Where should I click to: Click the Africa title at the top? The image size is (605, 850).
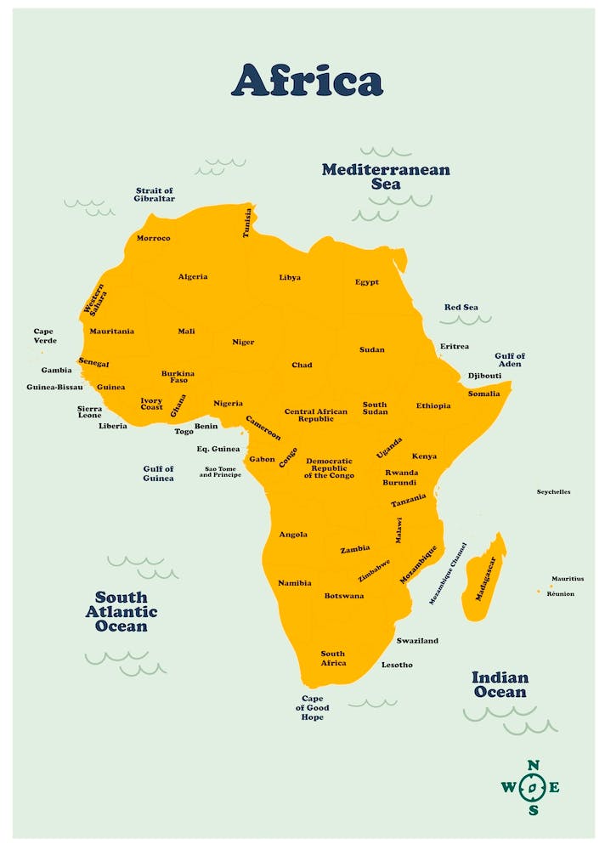(307, 80)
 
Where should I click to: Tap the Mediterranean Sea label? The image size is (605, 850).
(386, 177)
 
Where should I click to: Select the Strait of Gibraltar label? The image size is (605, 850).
(155, 195)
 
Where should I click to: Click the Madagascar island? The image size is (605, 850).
(484, 578)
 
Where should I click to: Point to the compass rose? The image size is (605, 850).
(532, 787)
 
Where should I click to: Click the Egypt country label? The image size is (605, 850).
(367, 282)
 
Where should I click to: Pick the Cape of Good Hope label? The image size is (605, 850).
(312, 708)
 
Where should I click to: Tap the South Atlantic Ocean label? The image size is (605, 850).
(122, 612)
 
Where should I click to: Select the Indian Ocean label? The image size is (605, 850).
(500, 685)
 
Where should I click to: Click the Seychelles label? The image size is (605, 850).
(553, 492)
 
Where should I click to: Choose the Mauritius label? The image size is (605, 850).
(568, 579)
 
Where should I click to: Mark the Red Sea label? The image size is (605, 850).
(461, 308)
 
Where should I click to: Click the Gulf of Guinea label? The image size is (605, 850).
(158, 473)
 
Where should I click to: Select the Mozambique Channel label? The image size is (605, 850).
(448, 574)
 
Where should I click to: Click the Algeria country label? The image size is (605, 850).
(193, 277)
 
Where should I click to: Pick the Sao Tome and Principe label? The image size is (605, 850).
(220, 472)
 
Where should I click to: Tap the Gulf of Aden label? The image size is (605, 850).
(510, 360)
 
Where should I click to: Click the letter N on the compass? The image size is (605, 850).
(533, 765)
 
